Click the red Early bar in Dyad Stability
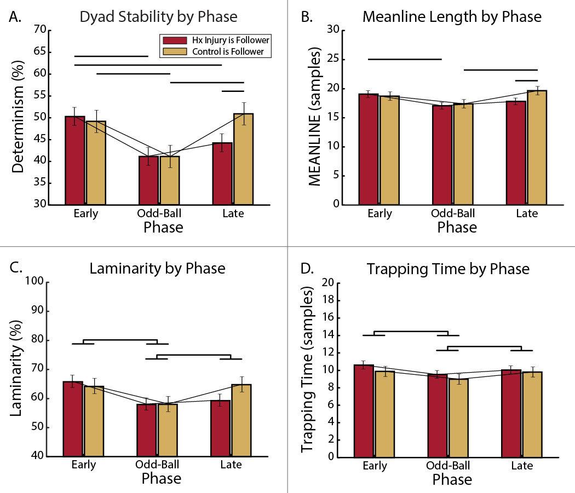[x=75, y=161]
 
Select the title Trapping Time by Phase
[x=448, y=269]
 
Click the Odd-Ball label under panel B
[x=453, y=213]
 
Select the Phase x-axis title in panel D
[x=452, y=480]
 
